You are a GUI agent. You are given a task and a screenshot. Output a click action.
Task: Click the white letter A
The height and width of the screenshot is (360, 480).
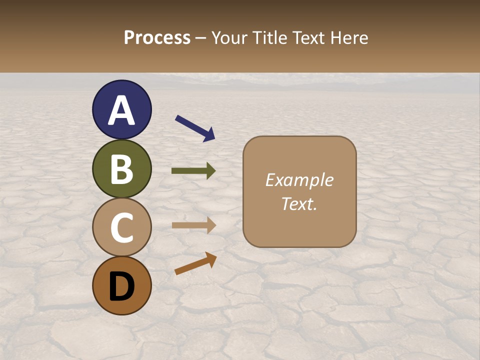pos(121,110)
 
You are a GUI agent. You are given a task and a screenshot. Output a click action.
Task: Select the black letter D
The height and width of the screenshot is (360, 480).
pos(121,286)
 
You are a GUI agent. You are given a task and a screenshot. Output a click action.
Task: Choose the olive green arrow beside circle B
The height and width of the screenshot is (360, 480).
pos(193,171)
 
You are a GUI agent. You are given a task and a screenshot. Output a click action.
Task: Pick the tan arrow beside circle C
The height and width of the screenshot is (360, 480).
pos(193,225)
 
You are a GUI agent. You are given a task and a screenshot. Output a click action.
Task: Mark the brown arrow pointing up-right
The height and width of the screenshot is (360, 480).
pos(195,263)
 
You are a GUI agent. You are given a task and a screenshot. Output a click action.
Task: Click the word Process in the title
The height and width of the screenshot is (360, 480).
pos(157,38)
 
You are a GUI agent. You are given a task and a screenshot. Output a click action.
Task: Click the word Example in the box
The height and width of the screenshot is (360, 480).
pos(299,180)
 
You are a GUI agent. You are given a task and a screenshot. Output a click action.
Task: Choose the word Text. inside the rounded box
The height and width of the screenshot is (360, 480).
pos(299,204)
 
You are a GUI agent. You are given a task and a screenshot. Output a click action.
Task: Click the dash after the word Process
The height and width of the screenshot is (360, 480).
pos(200,38)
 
